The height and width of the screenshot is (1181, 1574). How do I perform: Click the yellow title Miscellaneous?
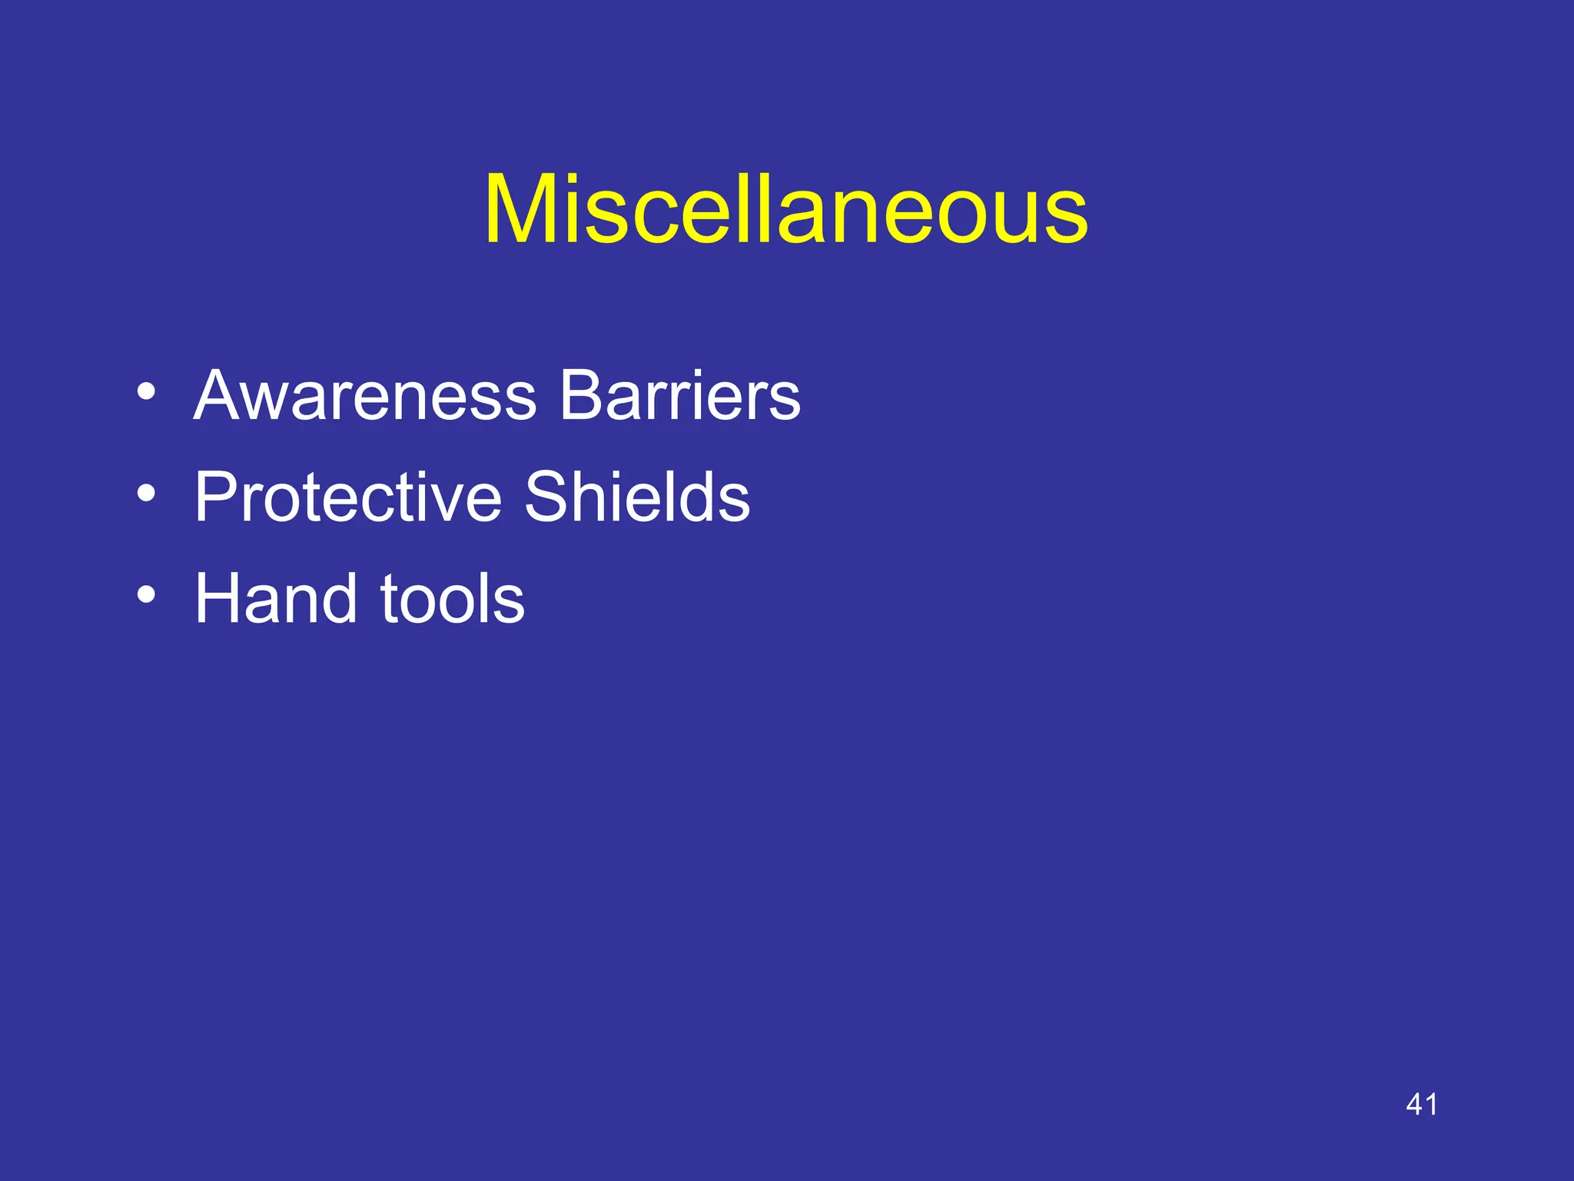(x=785, y=209)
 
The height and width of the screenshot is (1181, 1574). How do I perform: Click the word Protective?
(x=348, y=497)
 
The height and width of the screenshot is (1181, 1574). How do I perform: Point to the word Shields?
(x=636, y=497)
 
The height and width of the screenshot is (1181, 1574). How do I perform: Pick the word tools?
(x=453, y=599)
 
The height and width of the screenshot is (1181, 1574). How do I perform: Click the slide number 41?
(x=1421, y=1104)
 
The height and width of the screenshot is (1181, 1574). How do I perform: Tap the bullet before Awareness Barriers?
(x=146, y=391)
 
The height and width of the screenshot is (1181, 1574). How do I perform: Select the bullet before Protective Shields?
(x=146, y=493)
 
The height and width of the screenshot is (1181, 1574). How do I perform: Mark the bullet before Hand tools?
(x=146, y=594)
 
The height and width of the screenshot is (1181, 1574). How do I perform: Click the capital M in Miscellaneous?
(x=522, y=209)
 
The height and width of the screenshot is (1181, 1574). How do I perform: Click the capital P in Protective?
(x=218, y=497)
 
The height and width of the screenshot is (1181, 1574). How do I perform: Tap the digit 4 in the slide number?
(x=1413, y=1104)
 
